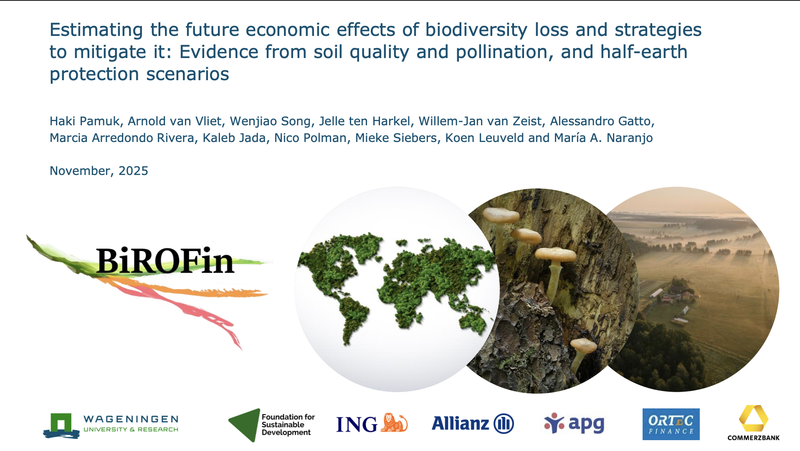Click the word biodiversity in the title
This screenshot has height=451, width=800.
point(476,30)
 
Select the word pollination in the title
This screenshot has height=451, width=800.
point(504,52)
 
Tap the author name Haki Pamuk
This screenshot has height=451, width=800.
point(85,121)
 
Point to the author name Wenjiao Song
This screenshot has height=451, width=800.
point(270,121)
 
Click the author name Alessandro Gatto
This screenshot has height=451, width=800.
point(601,121)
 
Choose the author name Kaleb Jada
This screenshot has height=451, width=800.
point(234,138)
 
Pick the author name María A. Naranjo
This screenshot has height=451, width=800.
point(603,138)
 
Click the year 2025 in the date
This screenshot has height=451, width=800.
point(133,171)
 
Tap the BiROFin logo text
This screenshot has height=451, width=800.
point(165,261)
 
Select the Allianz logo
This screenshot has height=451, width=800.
point(472,423)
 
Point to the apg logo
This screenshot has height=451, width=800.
point(574,423)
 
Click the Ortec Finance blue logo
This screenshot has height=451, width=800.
point(671,424)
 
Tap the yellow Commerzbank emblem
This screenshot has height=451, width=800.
point(753,418)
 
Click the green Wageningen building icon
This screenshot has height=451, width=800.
point(61,424)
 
